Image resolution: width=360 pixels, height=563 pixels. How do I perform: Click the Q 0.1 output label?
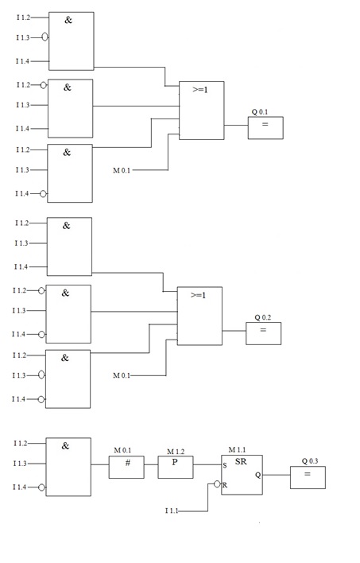[x=259, y=112]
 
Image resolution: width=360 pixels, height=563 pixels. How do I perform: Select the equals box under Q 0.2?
[x=263, y=333]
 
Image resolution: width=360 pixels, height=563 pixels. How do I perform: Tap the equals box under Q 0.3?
[x=308, y=477]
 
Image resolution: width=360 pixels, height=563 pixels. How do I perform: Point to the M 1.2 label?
[x=176, y=450]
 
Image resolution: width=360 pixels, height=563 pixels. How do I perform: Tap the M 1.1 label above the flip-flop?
[x=237, y=450]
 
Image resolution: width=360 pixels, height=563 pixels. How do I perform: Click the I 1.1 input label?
[x=172, y=510]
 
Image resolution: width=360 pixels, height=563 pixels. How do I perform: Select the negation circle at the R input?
[x=216, y=483]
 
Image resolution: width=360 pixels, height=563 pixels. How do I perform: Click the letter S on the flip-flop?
[x=225, y=465]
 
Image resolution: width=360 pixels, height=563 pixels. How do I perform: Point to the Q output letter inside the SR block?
[x=257, y=475]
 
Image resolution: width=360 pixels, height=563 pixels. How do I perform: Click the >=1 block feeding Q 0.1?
[x=201, y=111]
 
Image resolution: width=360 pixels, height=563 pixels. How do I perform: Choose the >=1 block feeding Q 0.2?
[x=199, y=316]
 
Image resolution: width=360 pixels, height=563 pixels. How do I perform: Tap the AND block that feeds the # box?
[x=68, y=467]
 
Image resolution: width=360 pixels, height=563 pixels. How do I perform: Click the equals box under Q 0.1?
[x=265, y=128]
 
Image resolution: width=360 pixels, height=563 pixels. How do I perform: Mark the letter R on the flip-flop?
[x=225, y=483]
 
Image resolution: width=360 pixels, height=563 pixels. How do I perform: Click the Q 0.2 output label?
[x=263, y=317]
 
